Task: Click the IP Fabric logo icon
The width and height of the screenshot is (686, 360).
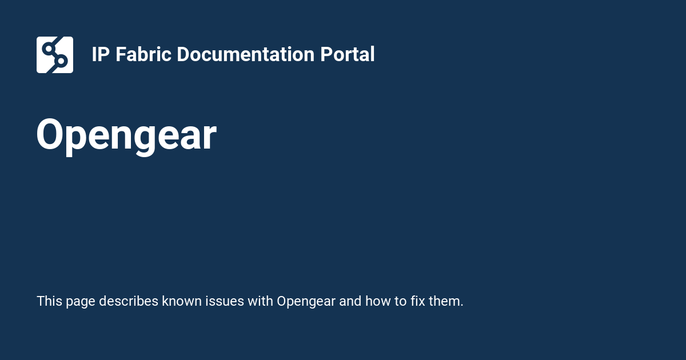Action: tap(55, 55)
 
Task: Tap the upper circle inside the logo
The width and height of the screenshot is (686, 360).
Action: tap(49, 48)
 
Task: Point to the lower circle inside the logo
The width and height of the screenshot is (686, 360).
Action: tap(61, 61)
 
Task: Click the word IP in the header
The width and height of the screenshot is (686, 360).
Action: tap(101, 55)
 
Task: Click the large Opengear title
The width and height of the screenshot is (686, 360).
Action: tap(126, 136)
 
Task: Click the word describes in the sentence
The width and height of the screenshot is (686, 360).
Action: tap(129, 301)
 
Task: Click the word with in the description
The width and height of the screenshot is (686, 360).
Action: tap(260, 301)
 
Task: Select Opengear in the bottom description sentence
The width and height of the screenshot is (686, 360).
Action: tap(306, 301)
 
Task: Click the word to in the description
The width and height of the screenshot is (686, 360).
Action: tap(400, 301)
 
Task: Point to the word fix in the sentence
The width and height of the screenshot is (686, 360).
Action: tap(418, 301)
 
